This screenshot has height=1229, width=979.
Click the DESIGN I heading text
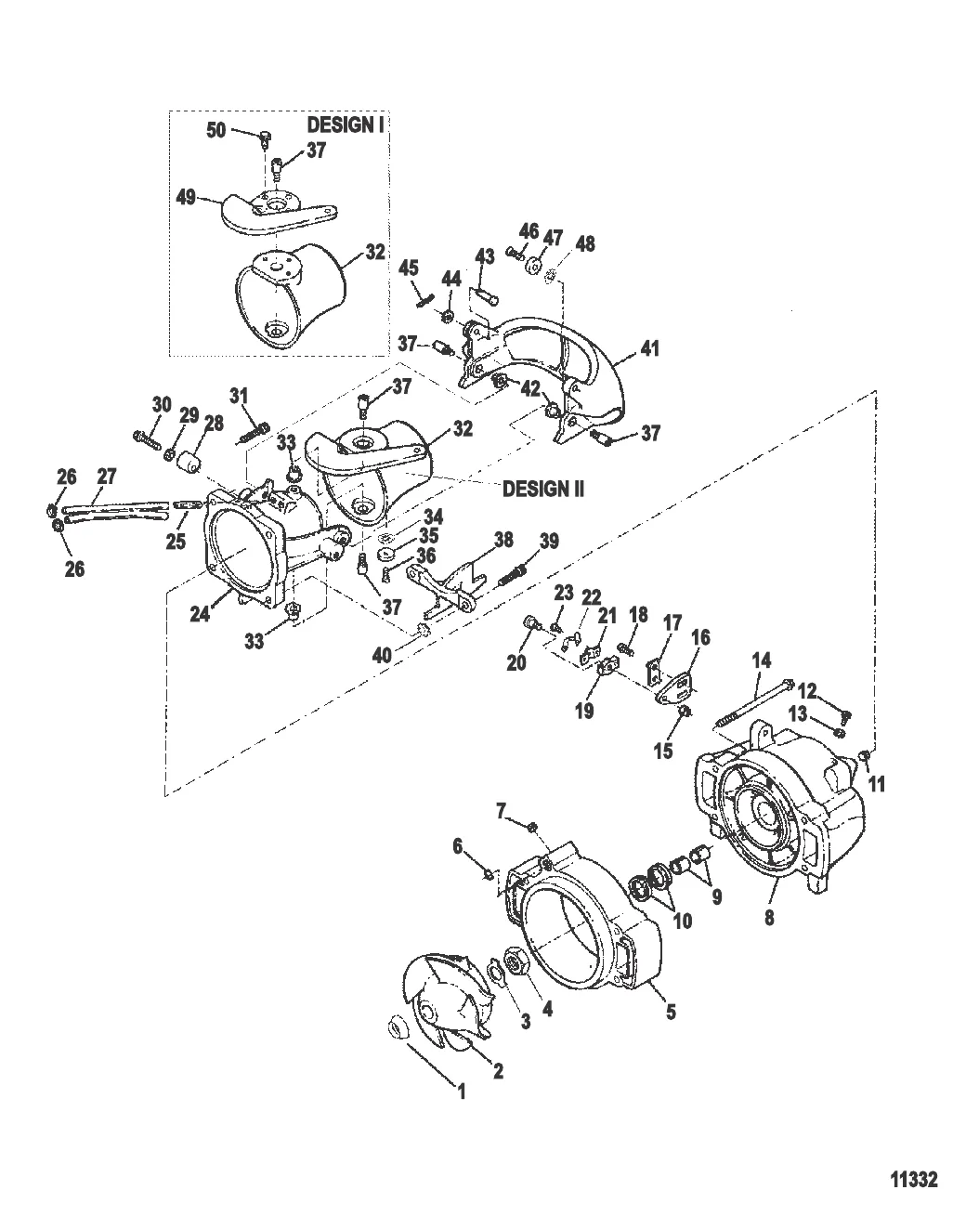(x=345, y=125)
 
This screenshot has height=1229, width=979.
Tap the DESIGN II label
(x=543, y=489)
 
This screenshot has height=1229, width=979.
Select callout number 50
(x=215, y=130)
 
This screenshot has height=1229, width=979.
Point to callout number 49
(x=186, y=198)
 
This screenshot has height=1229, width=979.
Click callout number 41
(x=650, y=347)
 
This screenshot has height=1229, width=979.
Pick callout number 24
(x=200, y=614)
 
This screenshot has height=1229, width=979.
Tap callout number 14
(x=762, y=660)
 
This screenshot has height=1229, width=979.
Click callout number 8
(x=769, y=917)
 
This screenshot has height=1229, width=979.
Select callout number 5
(x=672, y=1012)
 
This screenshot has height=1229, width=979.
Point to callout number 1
(x=462, y=1092)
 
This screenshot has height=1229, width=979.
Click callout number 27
(x=107, y=477)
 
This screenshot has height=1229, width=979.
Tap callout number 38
(x=503, y=540)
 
